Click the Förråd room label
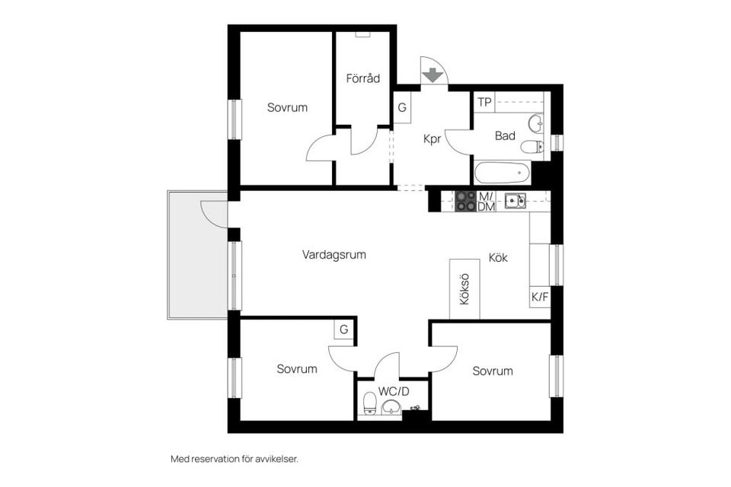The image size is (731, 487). [362, 78]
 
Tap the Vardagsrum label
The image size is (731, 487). [334, 255]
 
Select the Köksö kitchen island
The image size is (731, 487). [464, 290]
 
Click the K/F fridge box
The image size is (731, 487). [539, 297]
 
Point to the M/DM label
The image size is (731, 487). [487, 202]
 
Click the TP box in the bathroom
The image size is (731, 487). [484, 102]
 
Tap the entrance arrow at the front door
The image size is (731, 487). [433, 75]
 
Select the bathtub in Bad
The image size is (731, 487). [502, 173]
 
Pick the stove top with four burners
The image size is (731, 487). [465, 202]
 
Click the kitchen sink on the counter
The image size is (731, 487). [516, 201]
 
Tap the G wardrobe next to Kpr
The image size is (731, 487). [402, 107]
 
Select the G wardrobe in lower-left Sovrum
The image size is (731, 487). [344, 329]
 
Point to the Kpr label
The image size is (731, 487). [432, 139]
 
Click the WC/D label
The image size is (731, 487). [394, 391]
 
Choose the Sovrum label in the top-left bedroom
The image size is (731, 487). [287, 108]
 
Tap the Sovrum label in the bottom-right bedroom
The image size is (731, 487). [492, 371]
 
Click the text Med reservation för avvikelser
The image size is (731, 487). [234, 459]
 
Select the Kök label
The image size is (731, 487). [498, 258]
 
